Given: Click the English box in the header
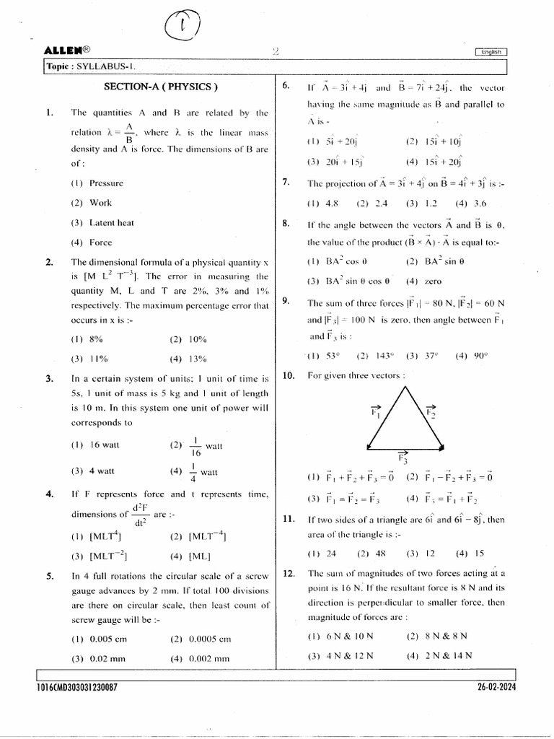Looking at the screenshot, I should [x=491, y=51].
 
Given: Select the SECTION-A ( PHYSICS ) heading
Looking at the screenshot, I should [x=161, y=87].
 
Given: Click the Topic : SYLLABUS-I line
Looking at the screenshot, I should [x=91, y=66].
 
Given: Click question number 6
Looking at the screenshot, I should [x=286, y=87].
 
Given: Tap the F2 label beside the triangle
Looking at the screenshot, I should [x=431, y=411].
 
